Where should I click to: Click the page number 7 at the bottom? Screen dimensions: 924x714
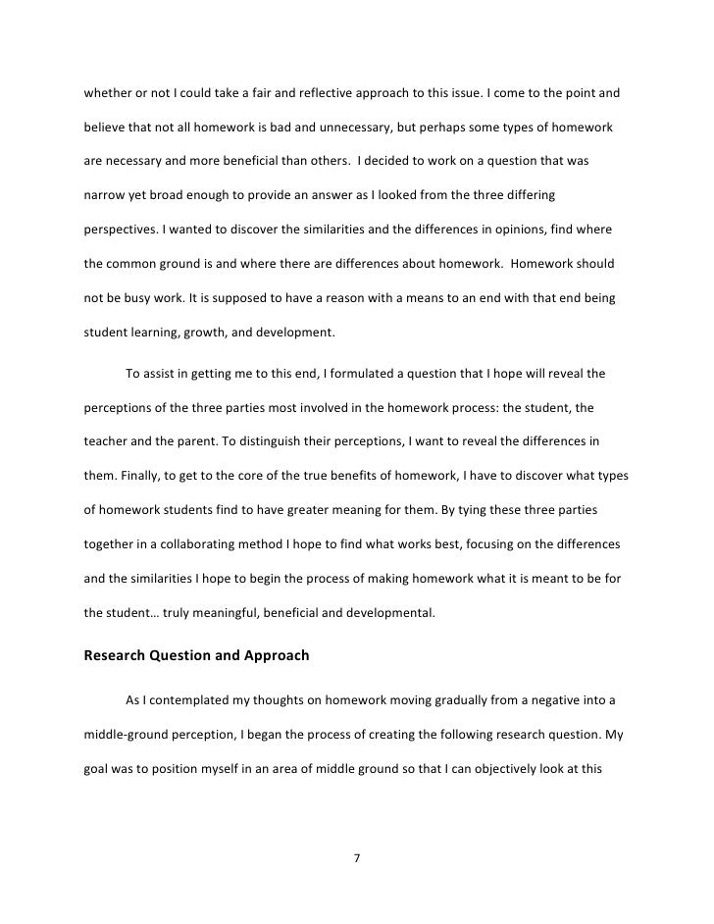[x=357, y=859]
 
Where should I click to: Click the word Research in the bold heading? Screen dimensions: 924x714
[x=118, y=656]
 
